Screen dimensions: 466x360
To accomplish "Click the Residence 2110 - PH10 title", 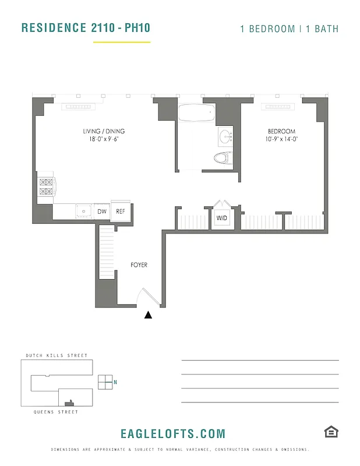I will coord(86,28).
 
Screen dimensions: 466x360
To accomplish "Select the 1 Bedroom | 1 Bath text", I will coord(289,29).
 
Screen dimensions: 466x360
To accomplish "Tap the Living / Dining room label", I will coord(104,132).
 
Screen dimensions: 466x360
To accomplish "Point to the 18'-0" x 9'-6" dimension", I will coord(104,140).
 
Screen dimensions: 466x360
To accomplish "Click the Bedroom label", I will coord(281,132).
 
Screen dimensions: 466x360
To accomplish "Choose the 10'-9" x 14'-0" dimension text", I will coord(281,140).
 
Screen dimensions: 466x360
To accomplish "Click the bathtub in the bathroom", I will coord(196,112).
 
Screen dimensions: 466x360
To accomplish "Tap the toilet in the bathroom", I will coord(223,158).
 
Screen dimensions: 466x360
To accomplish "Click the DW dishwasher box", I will coord(101,211).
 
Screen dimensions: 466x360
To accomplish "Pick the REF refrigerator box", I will coord(121,211).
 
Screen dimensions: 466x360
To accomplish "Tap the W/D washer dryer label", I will coord(222,218).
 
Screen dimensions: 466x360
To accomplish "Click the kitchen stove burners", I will coord(45,187).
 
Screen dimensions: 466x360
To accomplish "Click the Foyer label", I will coord(139,265).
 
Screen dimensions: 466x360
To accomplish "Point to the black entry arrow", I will coord(148,315).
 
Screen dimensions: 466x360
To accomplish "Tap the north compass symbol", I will coord(105,382).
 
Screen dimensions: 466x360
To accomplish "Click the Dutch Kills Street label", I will coord(57,355).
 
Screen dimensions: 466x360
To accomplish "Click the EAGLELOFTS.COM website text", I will coord(172,434).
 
